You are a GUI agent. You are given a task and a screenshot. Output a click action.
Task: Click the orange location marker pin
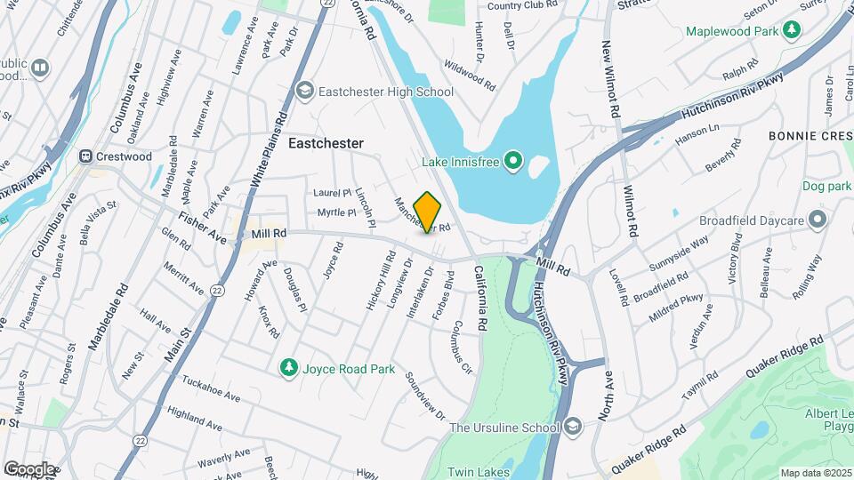point(428,212)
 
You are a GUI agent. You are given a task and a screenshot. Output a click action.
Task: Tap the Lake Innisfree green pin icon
point(512,161)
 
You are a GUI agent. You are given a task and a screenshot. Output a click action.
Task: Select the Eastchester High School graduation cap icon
point(305,91)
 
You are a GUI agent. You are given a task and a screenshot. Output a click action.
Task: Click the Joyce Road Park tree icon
point(287,366)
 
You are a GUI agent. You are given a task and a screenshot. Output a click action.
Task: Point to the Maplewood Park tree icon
point(791,32)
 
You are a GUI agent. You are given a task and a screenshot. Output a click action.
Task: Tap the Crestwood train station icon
point(86,156)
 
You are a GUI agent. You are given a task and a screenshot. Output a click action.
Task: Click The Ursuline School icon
point(572,428)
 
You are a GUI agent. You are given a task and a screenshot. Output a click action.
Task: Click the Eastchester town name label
point(326,143)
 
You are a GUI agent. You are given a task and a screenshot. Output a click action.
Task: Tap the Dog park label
point(827,187)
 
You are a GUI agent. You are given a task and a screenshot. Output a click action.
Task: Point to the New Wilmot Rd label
point(609,80)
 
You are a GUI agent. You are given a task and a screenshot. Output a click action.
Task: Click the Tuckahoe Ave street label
point(211,396)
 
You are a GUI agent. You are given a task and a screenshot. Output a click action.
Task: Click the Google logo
point(29,469)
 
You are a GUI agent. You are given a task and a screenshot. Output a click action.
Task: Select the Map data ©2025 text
point(815,472)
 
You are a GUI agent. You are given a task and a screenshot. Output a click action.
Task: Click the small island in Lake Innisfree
point(538,166)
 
